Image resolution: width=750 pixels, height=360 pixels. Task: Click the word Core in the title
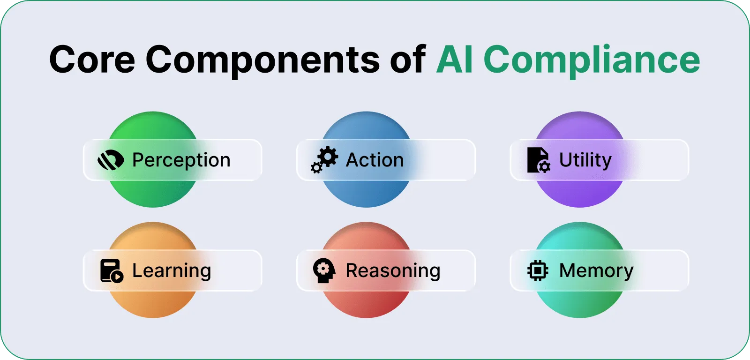click(x=92, y=60)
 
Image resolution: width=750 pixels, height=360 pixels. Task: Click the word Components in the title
click(x=263, y=60)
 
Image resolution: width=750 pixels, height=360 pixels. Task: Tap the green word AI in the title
click(x=454, y=60)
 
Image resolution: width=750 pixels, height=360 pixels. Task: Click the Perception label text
click(x=181, y=160)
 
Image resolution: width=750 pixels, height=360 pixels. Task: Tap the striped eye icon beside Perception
click(x=111, y=160)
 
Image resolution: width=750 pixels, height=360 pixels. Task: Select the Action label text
click(x=375, y=160)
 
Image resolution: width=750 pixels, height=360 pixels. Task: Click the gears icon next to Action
click(x=324, y=160)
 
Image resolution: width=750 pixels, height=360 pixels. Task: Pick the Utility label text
click(x=585, y=160)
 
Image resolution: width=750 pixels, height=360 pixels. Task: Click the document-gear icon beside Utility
click(x=538, y=160)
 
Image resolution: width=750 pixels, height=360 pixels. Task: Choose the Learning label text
click(x=172, y=271)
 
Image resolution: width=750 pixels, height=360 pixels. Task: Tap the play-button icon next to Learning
click(x=112, y=271)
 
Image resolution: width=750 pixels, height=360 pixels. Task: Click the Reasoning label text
click(x=393, y=271)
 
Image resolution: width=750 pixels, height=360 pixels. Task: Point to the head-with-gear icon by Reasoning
click(x=324, y=270)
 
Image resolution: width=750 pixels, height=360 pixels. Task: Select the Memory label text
click(x=596, y=271)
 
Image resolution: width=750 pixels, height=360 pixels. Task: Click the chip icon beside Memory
click(x=538, y=270)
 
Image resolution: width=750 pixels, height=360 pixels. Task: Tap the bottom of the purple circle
click(x=580, y=197)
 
